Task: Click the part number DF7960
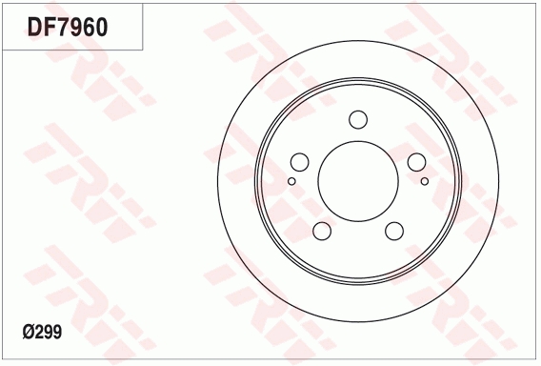67,27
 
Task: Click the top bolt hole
358,119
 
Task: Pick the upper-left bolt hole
298,162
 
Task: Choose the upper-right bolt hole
417,162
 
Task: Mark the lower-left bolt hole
321,232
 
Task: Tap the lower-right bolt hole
394,232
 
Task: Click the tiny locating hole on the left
291,179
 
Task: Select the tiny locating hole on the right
424,179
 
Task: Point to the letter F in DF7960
49,27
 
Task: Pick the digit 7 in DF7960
62,27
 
